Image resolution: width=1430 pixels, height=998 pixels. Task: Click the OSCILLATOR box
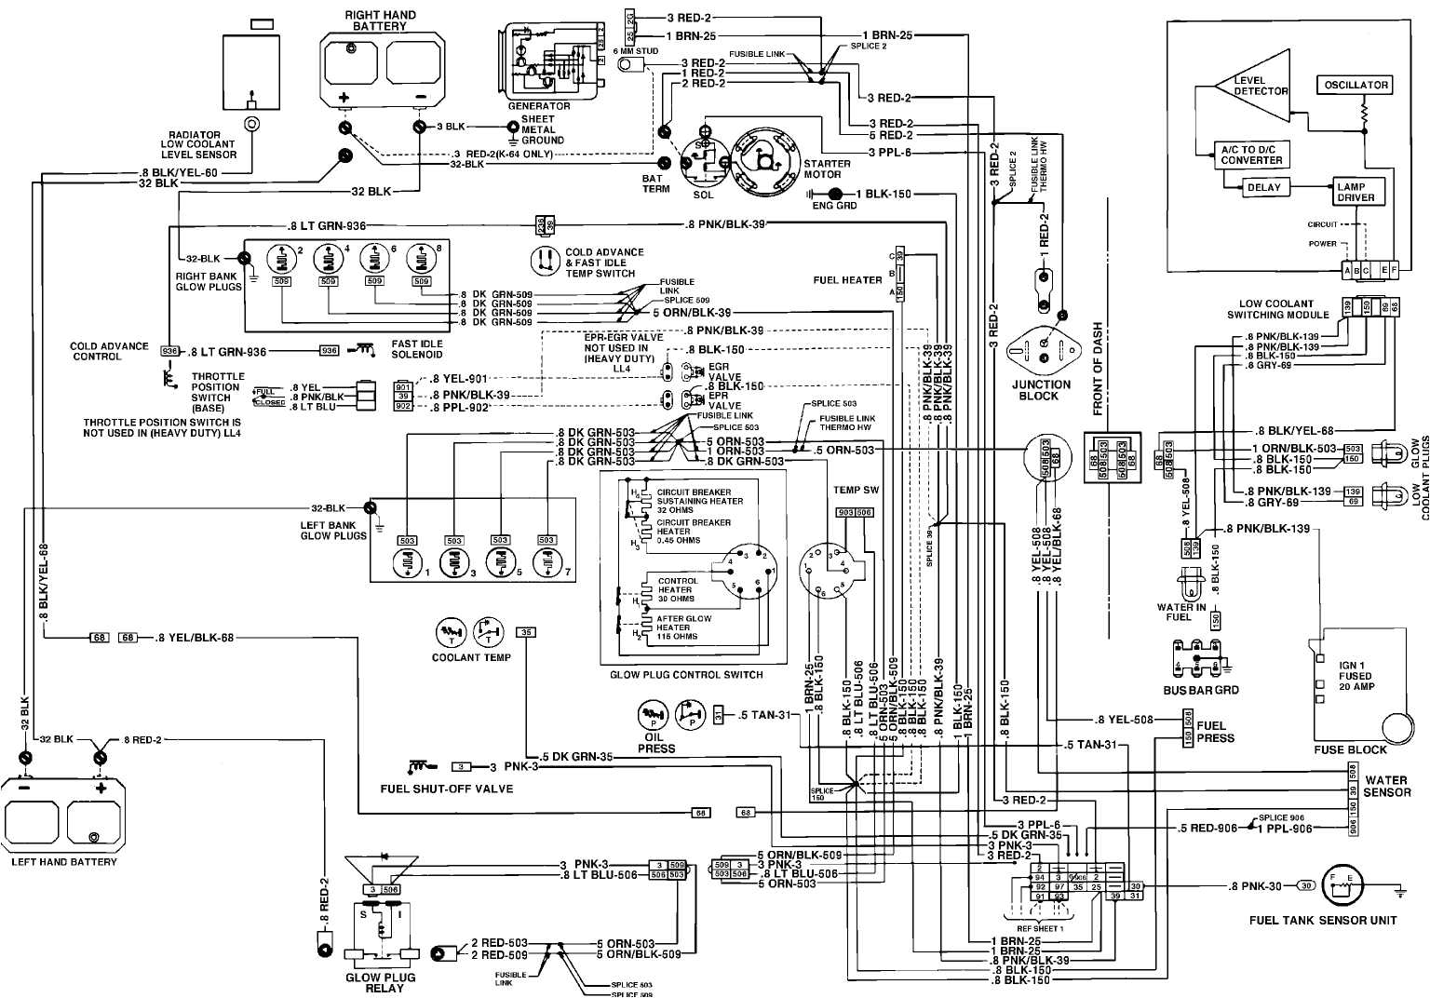click(1356, 85)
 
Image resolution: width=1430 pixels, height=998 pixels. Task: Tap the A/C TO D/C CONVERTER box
click(1251, 155)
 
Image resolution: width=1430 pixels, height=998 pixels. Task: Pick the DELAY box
click(1263, 187)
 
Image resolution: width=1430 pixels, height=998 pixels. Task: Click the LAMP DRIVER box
click(1356, 193)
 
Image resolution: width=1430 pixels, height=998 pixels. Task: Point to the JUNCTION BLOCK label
click(1040, 390)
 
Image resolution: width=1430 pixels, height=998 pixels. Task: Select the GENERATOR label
click(538, 106)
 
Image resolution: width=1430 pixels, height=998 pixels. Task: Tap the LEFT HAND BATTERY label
click(64, 861)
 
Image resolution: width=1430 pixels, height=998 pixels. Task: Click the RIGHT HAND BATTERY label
click(381, 20)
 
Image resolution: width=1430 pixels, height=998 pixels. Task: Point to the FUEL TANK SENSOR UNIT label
click(1323, 921)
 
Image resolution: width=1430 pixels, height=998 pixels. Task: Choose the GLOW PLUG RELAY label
click(381, 982)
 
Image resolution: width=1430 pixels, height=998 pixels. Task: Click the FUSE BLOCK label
click(1350, 749)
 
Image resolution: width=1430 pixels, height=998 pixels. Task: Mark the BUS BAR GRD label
click(1201, 690)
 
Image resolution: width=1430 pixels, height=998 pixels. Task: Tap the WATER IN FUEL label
click(1180, 612)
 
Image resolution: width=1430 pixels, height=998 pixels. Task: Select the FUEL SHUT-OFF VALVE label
click(447, 789)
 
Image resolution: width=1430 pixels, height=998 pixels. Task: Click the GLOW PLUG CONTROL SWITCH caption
click(686, 675)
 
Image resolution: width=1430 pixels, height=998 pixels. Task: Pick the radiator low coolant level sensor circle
click(250, 124)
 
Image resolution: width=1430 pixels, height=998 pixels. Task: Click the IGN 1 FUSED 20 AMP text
click(1356, 676)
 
